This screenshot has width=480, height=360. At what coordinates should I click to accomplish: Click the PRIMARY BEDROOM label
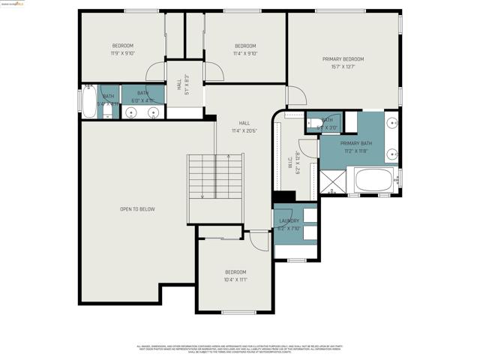tap(343, 59)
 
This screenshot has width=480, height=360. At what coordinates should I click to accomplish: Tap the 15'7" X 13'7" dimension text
tap(343, 67)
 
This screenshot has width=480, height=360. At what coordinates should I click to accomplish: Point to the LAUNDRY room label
tap(289, 220)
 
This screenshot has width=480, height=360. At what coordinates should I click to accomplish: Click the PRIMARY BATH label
tap(355, 143)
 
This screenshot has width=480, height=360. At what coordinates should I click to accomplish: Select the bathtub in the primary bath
tap(373, 180)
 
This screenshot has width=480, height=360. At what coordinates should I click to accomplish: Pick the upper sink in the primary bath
tap(392, 124)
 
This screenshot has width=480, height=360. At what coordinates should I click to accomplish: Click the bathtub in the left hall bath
tap(88, 102)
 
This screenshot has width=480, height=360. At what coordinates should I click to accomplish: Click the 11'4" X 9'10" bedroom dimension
tap(245, 53)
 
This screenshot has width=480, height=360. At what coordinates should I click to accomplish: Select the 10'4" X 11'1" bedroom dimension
tap(235, 280)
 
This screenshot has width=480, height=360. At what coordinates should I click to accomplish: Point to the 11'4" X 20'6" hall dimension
tap(244, 130)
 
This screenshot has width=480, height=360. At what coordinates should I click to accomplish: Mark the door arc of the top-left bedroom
tap(155, 72)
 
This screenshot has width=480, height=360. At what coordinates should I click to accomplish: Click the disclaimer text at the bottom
tap(239, 349)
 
